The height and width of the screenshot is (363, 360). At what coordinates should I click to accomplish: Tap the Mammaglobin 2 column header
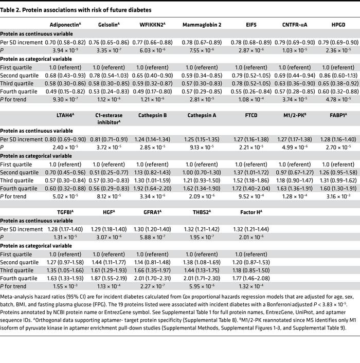(x=200, y=24)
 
